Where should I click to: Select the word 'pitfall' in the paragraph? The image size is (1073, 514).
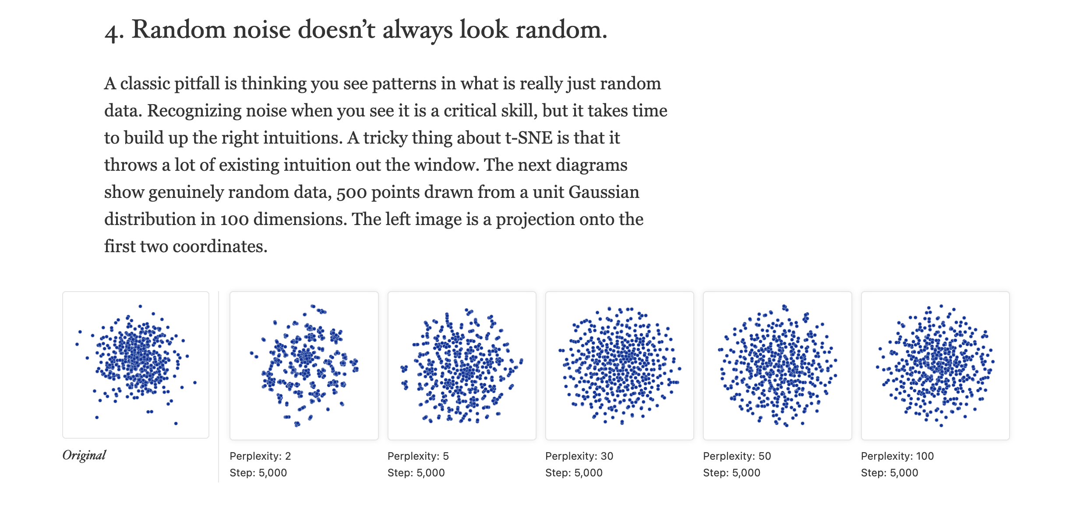[197, 83]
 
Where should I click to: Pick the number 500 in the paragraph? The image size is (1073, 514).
[351, 193]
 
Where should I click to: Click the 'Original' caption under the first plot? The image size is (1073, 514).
[84, 455]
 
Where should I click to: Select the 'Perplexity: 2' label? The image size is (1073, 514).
[260, 456]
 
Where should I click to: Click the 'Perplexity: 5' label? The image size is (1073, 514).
[418, 456]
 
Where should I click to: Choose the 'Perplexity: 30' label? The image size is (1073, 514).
[579, 456]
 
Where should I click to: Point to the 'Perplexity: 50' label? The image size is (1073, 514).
[737, 456]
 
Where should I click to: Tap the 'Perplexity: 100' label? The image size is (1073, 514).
[897, 456]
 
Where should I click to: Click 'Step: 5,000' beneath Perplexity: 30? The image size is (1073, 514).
[574, 473]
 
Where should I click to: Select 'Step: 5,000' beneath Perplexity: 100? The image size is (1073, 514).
[889, 473]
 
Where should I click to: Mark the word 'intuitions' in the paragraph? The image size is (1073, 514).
[282, 137]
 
